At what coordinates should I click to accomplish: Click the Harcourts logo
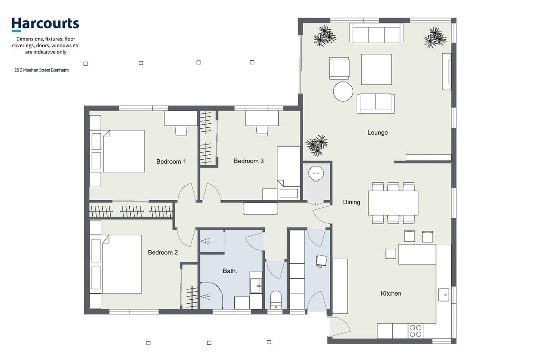[x=45, y=24]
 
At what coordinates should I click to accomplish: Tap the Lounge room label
[x=377, y=132]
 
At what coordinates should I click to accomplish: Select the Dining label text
[x=352, y=202]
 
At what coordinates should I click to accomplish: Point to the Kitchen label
[x=391, y=293]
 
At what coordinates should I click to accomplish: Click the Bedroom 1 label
[x=171, y=162]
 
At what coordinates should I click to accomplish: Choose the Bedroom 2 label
[x=163, y=252]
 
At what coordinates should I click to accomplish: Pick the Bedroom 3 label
[x=249, y=161]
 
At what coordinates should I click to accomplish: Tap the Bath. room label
[x=230, y=271]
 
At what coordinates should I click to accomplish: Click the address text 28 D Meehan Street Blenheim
[x=42, y=70]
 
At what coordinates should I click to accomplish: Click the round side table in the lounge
[x=343, y=91]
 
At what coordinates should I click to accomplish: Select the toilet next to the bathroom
[x=276, y=300]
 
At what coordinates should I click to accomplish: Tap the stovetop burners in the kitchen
[x=415, y=331]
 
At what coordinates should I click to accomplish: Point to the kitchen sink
[x=444, y=295]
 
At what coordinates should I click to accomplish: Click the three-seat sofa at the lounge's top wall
[x=376, y=33]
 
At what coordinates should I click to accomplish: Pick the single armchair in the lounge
[x=339, y=68]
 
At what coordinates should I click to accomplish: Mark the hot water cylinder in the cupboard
[x=316, y=173]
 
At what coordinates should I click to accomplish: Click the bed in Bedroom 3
[x=289, y=173]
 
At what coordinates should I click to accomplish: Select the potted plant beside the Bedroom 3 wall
[x=317, y=145]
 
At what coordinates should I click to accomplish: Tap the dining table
[x=393, y=202]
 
